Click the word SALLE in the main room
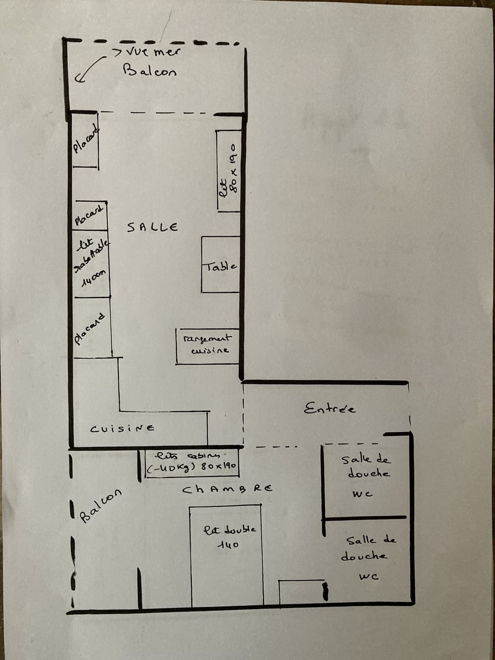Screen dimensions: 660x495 coord(153,227)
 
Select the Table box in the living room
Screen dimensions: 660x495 coord(220,265)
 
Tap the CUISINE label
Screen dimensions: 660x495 coord(122,428)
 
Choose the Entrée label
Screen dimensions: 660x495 coord(329,409)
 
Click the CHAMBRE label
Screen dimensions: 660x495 coord(227,488)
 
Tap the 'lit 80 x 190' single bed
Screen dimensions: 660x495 coord(228,170)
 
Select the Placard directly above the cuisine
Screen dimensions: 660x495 coord(92,327)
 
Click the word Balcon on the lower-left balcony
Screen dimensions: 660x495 coord(101,505)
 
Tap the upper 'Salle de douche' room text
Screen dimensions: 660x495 coord(366,466)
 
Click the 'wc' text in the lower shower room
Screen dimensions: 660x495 coord(369,576)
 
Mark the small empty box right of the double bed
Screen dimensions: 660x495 coord(301,591)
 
